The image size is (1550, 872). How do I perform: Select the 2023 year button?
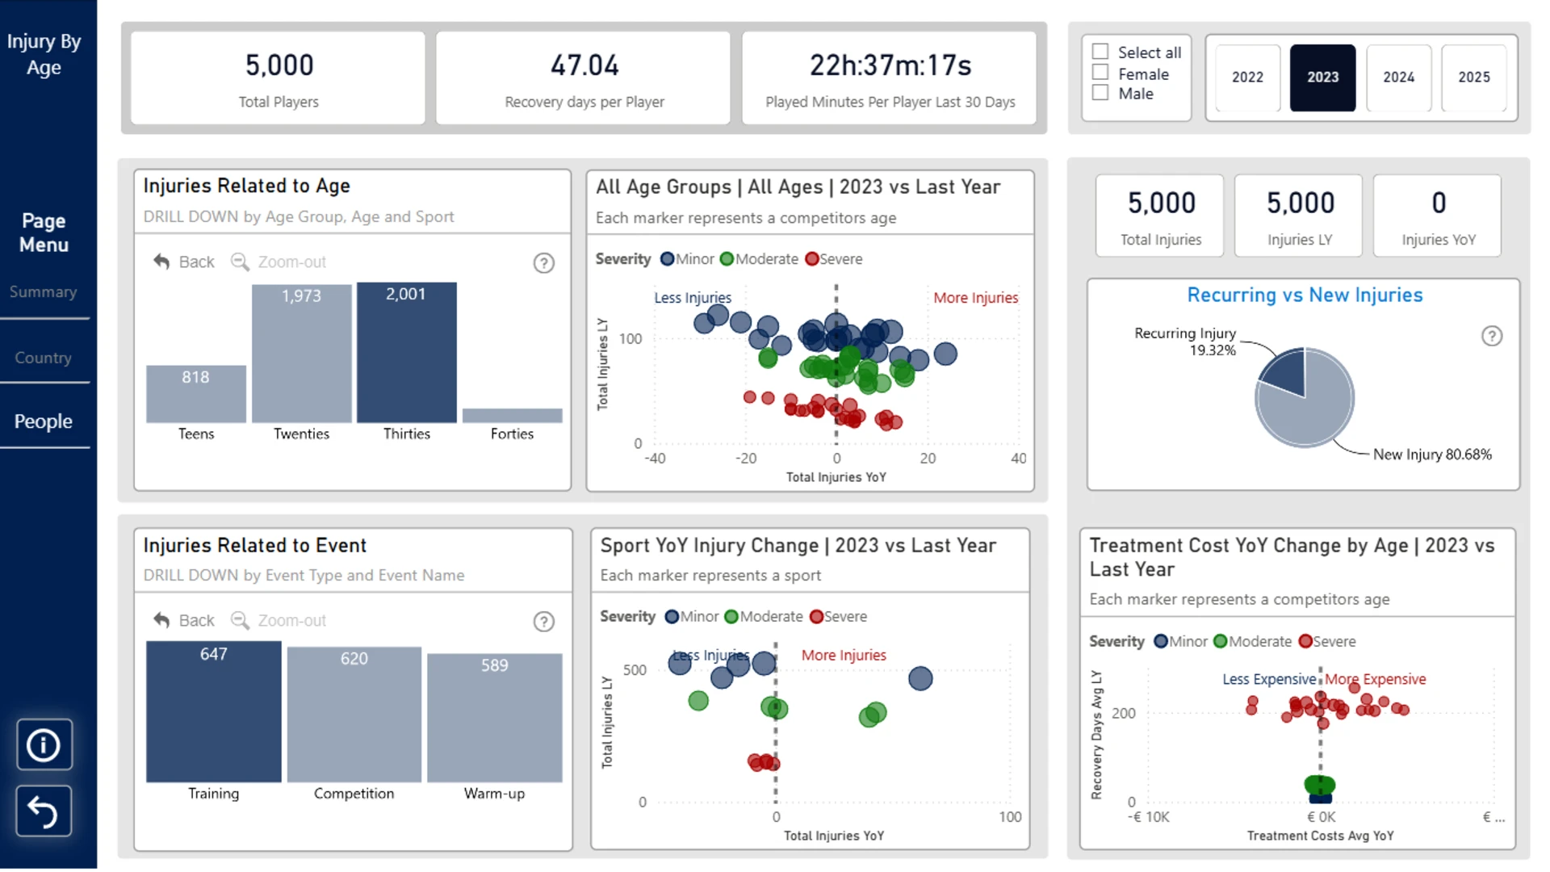(1322, 78)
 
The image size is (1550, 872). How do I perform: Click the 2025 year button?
(1473, 78)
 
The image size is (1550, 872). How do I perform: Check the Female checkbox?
(1100, 73)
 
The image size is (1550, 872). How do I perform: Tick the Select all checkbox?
(1100, 52)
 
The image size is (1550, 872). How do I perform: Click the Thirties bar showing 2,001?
(407, 353)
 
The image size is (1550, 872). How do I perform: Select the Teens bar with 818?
(196, 394)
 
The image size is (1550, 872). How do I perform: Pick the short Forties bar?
(513, 416)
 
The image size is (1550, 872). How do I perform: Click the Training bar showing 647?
(214, 712)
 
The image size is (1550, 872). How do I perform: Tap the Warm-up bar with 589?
(495, 718)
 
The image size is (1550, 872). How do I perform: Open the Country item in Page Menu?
(44, 358)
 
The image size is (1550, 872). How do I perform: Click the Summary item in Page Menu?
(44, 291)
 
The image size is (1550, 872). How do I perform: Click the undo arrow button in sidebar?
(44, 811)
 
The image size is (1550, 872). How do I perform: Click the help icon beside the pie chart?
(1492, 336)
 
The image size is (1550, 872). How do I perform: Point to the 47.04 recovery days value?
(585, 65)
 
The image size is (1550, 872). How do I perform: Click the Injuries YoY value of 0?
(1439, 203)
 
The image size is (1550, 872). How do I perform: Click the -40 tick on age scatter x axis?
(655, 459)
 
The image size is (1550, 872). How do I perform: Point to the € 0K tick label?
(1322, 817)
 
